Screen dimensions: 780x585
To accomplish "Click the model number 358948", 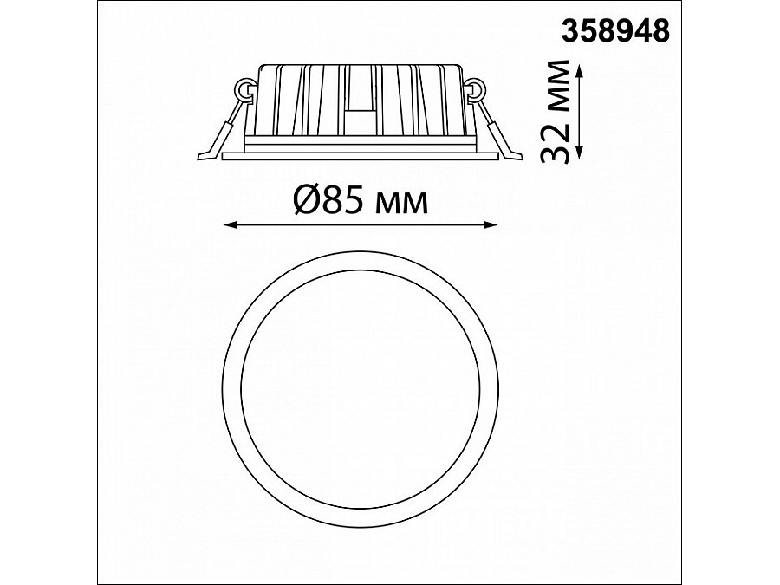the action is click(x=615, y=30).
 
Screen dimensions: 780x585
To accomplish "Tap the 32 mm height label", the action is click(x=554, y=112).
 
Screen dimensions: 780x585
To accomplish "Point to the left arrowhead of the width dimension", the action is click(x=229, y=224).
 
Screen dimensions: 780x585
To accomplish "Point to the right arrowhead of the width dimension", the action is click(x=491, y=224).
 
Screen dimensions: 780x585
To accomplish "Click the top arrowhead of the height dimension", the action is click(x=580, y=70).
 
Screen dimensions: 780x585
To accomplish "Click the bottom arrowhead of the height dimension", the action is click(x=580, y=153).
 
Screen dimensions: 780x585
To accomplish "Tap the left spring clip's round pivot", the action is click(x=244, y=90).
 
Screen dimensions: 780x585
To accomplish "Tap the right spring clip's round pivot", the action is click(x=477, y=89).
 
